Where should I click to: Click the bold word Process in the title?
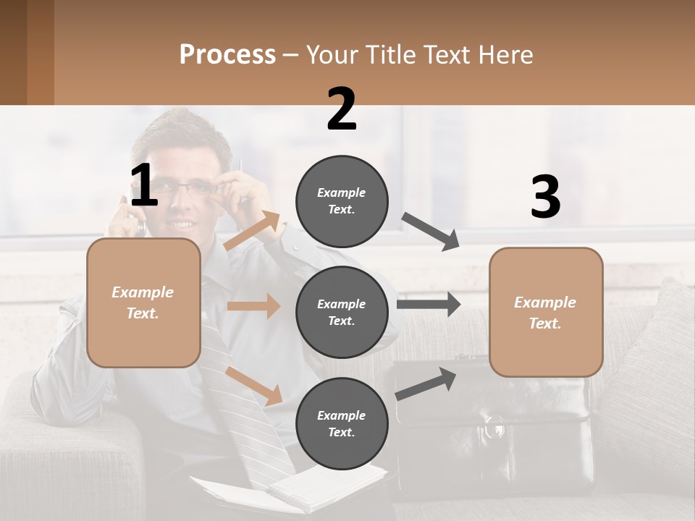(227, 54)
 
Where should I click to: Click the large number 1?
(144, 186)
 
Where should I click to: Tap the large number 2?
(342, 109)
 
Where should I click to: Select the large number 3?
(545, 197)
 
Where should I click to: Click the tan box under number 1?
(143, 302)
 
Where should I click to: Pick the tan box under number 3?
(546, 313)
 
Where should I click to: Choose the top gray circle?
(342, 201)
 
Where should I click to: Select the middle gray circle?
(342, 312)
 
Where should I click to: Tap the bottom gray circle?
(342, 423)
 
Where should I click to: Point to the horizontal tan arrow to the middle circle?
(253, 306)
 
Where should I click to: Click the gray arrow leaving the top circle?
(431, 232)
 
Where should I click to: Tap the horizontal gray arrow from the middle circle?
(429, 304)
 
